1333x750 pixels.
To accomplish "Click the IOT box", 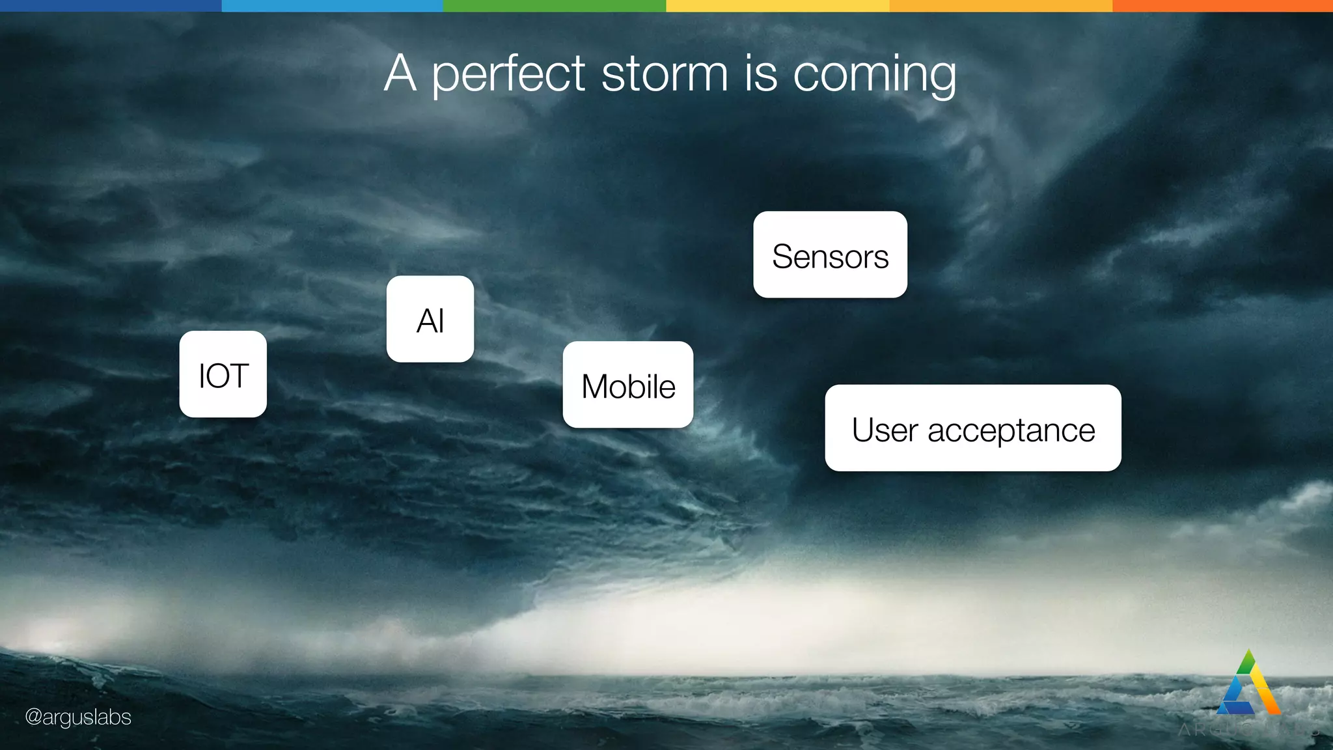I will coord(223,374).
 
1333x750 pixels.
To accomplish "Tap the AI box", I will coord(430,319).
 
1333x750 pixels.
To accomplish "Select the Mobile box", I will coord(627,385).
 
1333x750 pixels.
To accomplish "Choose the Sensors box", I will coord(830,255).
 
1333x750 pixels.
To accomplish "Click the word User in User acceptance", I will coord(885,430).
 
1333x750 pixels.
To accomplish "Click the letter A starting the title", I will coord(400,73).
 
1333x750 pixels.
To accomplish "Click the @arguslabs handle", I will coord(78,717).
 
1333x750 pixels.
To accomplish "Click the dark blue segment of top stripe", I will coord(111,5).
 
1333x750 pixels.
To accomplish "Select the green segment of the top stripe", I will coord(555,5).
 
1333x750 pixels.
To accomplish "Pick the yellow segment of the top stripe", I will coord(777,5).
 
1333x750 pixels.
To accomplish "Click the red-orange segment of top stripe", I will coord(1222,5).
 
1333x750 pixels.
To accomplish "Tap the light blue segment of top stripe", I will coord(332,5).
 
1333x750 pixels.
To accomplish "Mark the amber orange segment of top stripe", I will coord(1000,5).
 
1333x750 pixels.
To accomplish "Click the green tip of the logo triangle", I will coord(1247,661).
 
